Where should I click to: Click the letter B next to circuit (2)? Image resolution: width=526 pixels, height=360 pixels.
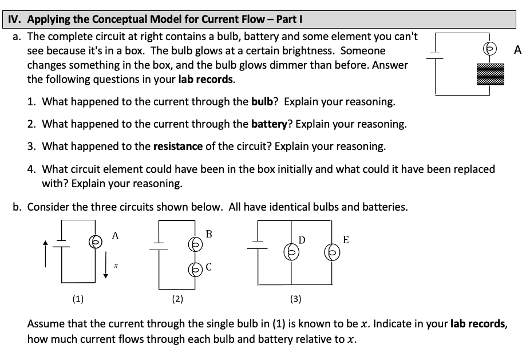click(x=209, y=234)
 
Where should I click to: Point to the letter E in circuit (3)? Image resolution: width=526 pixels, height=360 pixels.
click(x=346, y=239)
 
